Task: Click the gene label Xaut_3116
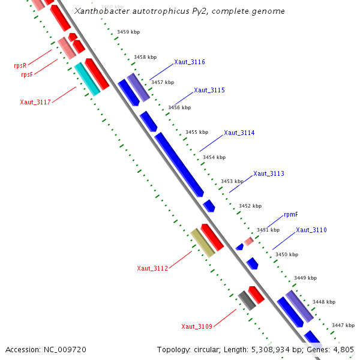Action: coord(190,62)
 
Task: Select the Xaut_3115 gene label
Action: coord(209,90)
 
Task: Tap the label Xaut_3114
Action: coord(239,133)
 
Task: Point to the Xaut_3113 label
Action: coord(269,173)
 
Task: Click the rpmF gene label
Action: coord(291,214)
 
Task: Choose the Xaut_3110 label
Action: coord(311,230)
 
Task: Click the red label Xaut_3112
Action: coord(152,268)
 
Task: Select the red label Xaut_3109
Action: coord(197,326)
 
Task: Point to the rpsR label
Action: coord(20,65)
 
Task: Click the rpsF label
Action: coord(26,75)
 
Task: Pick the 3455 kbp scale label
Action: coord(197,132)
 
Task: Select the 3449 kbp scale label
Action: coord(305,278)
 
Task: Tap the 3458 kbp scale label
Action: coord(145,57)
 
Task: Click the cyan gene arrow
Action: coord(87,79)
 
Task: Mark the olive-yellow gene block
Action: coord(203,242)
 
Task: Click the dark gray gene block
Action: coord(247,299)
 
